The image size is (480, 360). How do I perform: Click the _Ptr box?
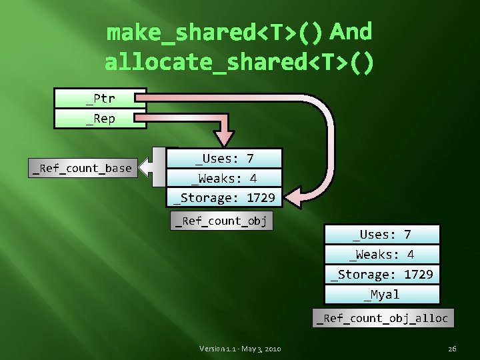(x=100, y=99)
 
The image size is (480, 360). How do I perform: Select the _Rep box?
(x=100, y=119)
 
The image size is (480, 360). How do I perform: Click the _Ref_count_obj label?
(x=221, y=221)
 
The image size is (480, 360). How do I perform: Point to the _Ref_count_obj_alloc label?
(x=383, y=318)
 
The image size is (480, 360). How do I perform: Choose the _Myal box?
(x=382, y=295)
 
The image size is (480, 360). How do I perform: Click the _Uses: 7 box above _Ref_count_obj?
(x=224, y=158)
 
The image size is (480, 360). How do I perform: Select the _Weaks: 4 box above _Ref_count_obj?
(x=224, y=178)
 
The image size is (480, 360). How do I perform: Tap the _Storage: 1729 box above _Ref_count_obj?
(x=224, y=197)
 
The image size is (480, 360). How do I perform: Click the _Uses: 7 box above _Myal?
(x=382, y=234)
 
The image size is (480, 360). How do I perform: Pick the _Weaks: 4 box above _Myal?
(x=382, y=254)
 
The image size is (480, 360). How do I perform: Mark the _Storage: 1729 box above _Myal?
(x=382, y=274)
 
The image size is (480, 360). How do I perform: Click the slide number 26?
(x=452, y=349)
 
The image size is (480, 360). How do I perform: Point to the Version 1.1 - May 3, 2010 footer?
(x=240, y=349)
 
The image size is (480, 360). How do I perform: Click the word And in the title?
(x=351, y=31)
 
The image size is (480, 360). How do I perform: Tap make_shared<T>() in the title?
(x=215, y=31)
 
